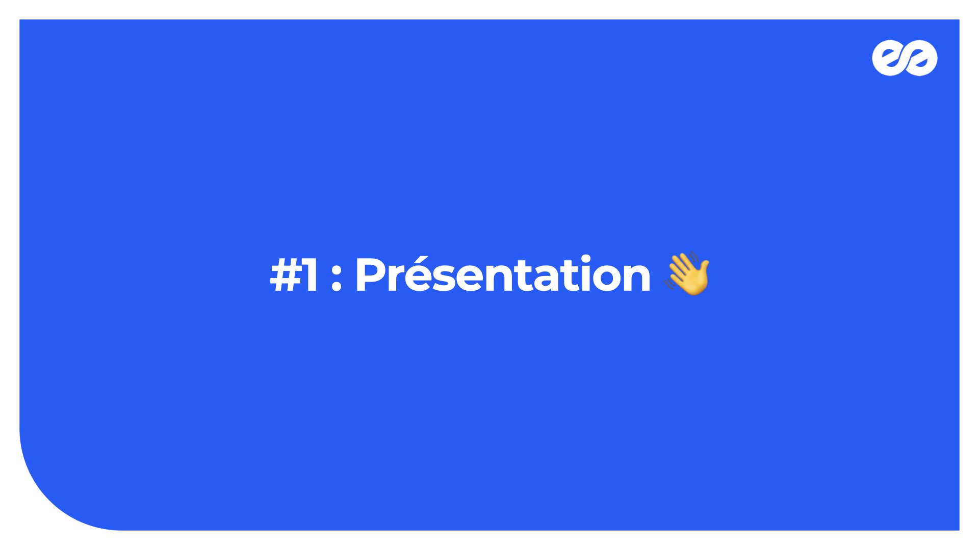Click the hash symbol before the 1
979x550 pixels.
tap(287, 275)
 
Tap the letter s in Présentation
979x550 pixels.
tap(440, 280)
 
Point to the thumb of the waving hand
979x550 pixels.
tap(704, 268)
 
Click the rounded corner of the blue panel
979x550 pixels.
tap(49, 501)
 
